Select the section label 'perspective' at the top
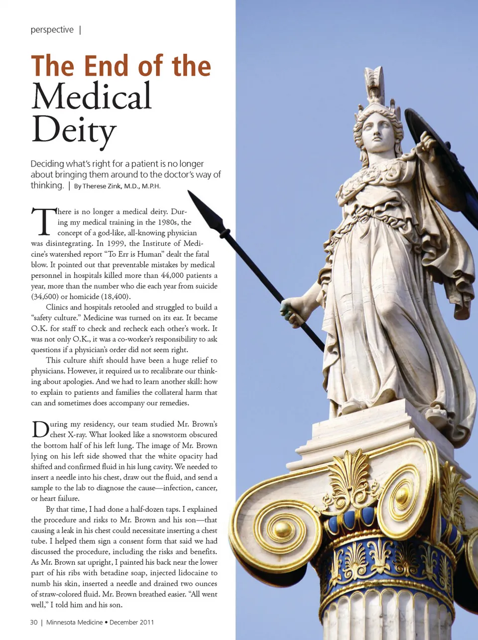pyautogui.click(x=52, y=30)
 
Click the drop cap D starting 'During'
pyautogui.click(x=40, y=430)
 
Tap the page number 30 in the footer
pyautogui.click(x=33, y=622)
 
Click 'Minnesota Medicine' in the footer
pyautogui.click(x=74, y=622)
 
